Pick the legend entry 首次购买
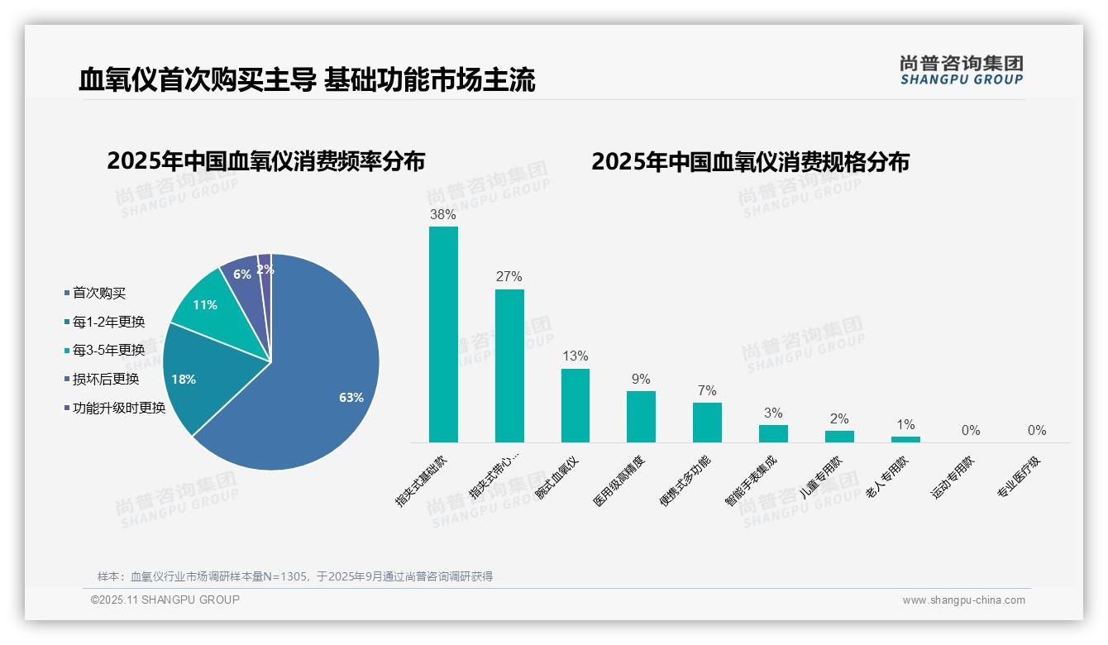tap(99, 293)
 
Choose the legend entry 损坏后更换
tap(106, 379)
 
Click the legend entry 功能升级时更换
tap(119, 408)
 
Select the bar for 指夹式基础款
tap(443, 335)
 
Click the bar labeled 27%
tap(509, 365)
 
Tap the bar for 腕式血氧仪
tap(575, 405)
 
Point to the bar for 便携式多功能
tap(707, 423)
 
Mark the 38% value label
tap(443, 214)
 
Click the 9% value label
tap(641, 379)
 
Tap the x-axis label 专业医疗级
tap(1018, 478)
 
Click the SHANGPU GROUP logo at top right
tap(961, 70)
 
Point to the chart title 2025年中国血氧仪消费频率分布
tap(265, 161)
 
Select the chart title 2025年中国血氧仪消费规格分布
tap(750, 161)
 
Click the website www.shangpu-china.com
tap(963, 600)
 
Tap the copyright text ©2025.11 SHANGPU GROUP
tap(165, 600)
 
